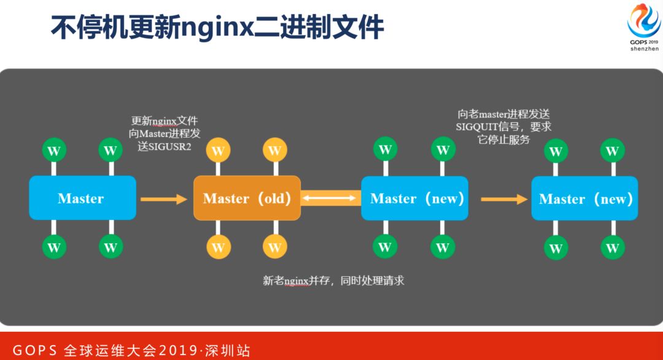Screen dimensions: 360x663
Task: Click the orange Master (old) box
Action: [247, 198]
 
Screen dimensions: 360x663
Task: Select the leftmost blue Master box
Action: [82, 198]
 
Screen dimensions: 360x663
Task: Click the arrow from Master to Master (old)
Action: [163, 198]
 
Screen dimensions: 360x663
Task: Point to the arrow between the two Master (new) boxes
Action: [504, 198]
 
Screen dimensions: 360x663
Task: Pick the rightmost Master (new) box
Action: [584, 198]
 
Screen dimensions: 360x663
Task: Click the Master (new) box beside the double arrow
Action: [414, 198]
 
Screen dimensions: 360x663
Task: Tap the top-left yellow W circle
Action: [218, 149]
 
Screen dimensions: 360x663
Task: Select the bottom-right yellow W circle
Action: [274, 247]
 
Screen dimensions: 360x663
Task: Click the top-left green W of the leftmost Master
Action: [54, 150]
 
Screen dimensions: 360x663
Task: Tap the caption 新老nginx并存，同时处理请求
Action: [333, 281]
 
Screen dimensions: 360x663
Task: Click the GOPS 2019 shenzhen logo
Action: [643, 28]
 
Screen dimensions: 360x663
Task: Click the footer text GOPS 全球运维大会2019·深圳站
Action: [131, 351]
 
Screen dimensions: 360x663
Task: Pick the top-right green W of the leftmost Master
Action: [110, 150]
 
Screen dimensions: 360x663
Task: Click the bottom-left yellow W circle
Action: [218, 247]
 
